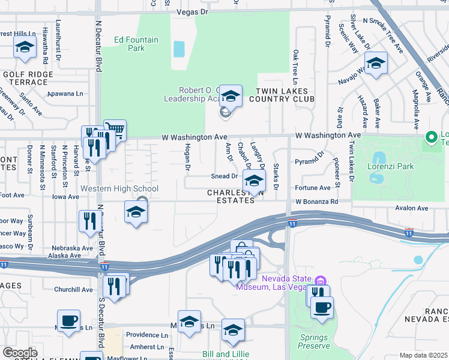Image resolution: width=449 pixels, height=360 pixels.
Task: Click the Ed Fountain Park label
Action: click(137, 44)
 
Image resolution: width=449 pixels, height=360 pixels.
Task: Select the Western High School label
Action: click(119, 189)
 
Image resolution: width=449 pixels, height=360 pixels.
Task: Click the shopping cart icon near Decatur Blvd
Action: click(115, 130)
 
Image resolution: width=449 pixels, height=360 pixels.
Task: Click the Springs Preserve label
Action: click(315, 341)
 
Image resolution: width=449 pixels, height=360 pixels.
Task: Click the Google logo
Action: click(20, 353)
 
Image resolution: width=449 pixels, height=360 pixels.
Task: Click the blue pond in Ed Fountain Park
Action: click(179, 49)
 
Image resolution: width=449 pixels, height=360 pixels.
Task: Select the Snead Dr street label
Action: click(224, 176)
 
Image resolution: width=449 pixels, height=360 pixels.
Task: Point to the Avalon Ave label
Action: click(411, 208)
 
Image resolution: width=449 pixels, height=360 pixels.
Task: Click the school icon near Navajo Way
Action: click(376, 62)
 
